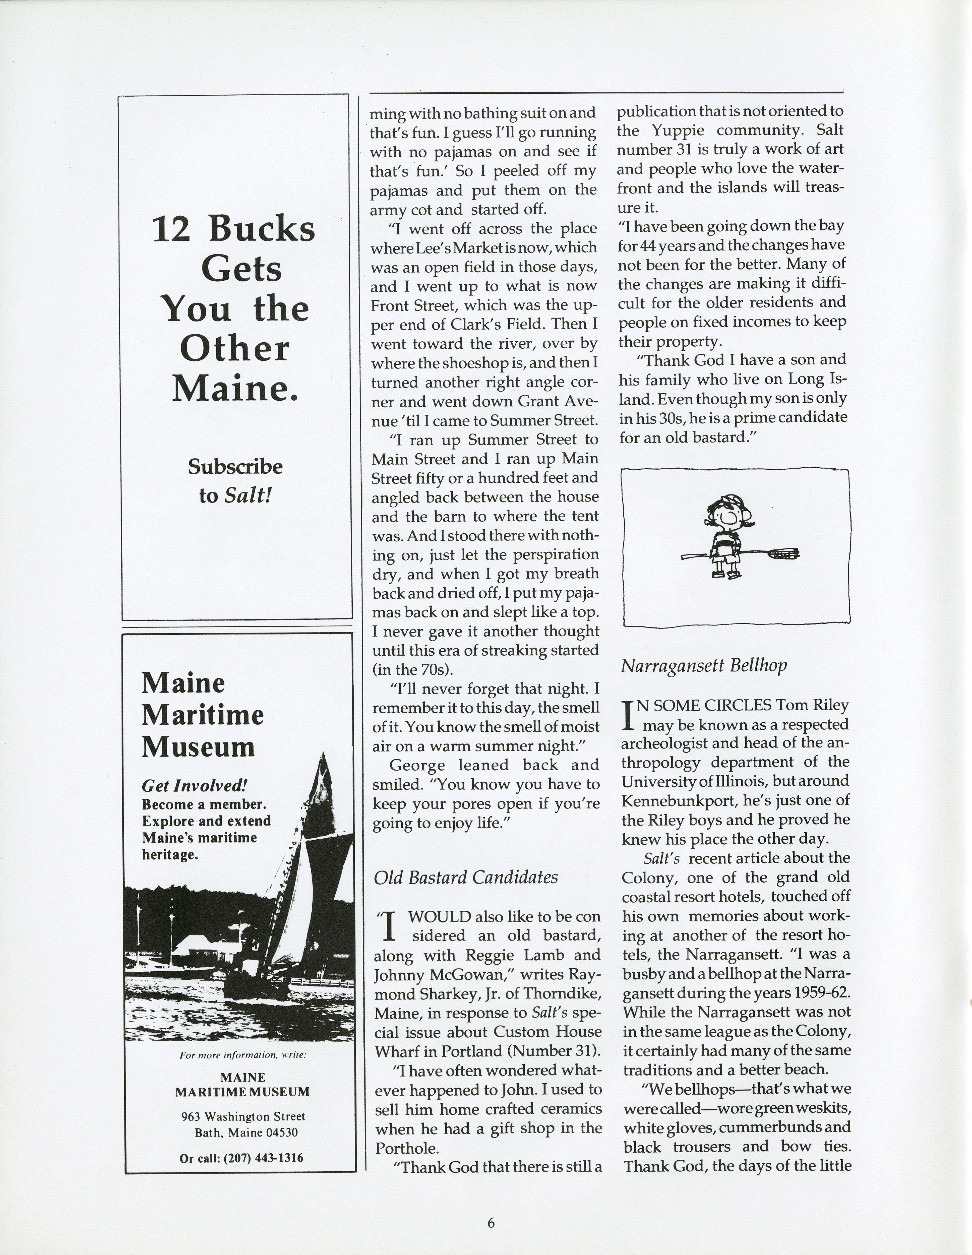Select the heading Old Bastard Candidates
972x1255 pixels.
pyautogui.click(x=466, y=877)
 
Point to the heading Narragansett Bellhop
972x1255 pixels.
pyautogui.click(x=704, y=665)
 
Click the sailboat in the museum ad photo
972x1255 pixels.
pyautogui.click(x=287, y=919)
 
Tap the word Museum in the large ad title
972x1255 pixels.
pyautogui.click(x=198, y=747)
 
